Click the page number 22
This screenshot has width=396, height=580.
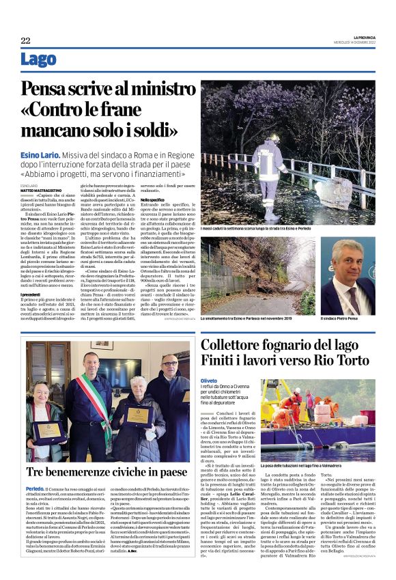click(25, 41)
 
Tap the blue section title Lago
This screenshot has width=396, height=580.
click(38, 61)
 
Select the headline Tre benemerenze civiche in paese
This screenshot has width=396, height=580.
click(107, 472)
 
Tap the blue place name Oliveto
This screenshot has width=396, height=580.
click(209, 381)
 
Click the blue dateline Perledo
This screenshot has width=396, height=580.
click(36, 489)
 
